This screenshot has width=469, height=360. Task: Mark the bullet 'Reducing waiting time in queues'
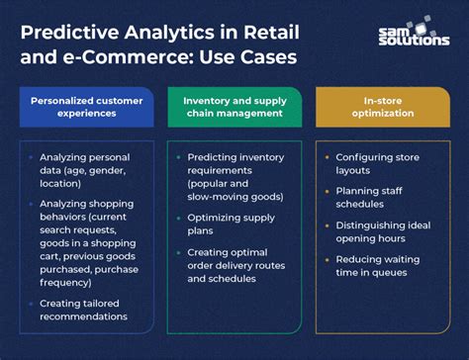382,266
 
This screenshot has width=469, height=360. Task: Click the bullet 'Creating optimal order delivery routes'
236,266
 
